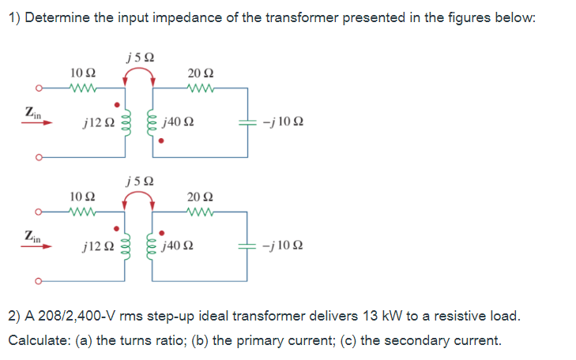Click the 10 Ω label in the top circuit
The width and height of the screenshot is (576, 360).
82,73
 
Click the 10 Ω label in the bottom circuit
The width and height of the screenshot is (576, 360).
82,194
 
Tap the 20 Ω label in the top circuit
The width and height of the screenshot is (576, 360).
199,73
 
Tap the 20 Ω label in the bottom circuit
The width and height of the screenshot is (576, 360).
199,195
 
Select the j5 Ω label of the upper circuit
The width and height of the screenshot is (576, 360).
139,56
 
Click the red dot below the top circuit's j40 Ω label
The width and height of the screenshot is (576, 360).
161,142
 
